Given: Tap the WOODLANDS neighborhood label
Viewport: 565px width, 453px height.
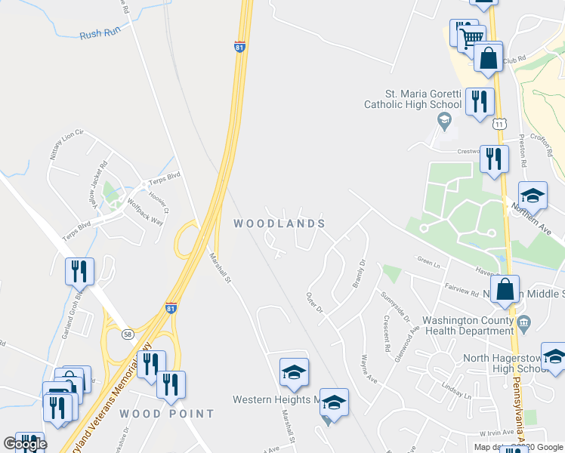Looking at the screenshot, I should (x=279, y=223).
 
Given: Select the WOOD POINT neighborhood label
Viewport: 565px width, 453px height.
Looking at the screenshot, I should (x=166, y=414).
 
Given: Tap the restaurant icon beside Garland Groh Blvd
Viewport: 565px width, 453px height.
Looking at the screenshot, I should (x=79, y=271).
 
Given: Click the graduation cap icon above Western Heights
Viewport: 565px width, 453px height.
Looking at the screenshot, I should (x=294, y=371).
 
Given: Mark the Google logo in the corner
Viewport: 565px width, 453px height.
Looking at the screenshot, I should (x=26, y=444).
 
